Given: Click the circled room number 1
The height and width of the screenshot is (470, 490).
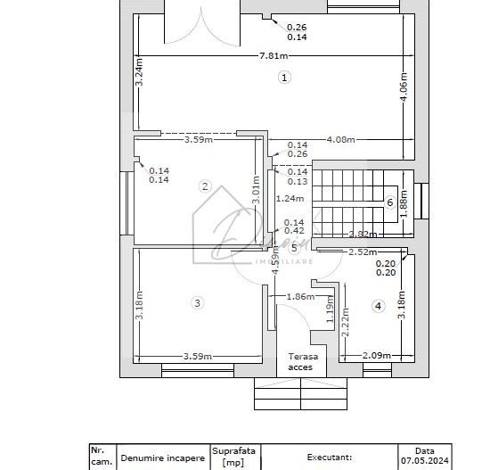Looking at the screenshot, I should tap(284, 78).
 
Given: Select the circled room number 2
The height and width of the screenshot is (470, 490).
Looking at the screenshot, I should tap(205, 186).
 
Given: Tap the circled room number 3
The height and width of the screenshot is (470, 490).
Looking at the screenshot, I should tap(197, 303).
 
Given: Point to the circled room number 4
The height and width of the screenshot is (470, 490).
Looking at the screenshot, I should tap(378, 306).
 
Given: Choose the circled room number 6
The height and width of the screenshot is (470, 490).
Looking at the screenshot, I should tap(390, 202).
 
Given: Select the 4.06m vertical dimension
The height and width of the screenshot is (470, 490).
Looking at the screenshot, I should tap(404, 87).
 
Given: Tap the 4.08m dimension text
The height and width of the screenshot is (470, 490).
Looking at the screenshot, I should tap(341, 139).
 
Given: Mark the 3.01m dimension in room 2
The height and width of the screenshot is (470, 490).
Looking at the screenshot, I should tap(256, 191).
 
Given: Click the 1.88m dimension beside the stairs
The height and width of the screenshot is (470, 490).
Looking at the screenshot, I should tap(404, 202).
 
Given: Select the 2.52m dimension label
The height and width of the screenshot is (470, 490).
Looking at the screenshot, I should tap(361, 252).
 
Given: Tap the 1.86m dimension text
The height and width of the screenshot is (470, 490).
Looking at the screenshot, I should tap(300, 296).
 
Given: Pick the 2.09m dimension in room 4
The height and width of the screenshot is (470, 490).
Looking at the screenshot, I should tap(376, 355).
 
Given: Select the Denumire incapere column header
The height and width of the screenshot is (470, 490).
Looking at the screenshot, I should tap(163, 458).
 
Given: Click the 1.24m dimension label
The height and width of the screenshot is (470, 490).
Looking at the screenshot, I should tap(290, 198).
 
